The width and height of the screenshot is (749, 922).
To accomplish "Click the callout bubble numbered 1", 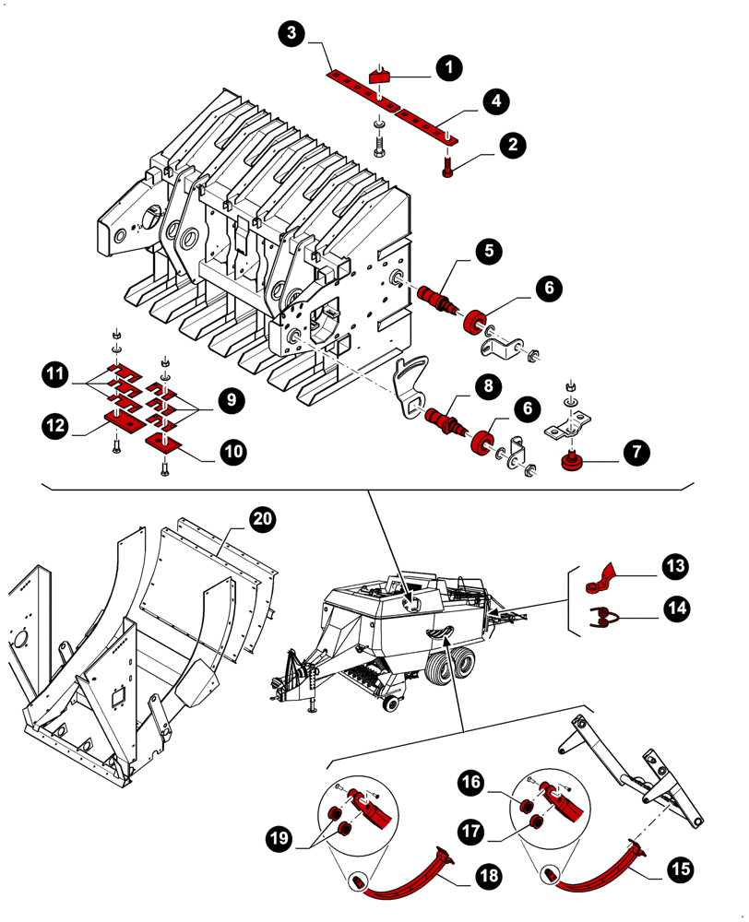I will [x=449, y=67].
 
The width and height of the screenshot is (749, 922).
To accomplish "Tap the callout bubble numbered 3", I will [x=291, y=35].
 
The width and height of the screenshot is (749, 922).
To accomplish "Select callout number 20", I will [x=263, y=519].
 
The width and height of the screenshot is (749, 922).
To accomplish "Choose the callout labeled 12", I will [x=57, y=425].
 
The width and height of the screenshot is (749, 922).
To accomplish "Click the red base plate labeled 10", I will [x=166, y=445].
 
